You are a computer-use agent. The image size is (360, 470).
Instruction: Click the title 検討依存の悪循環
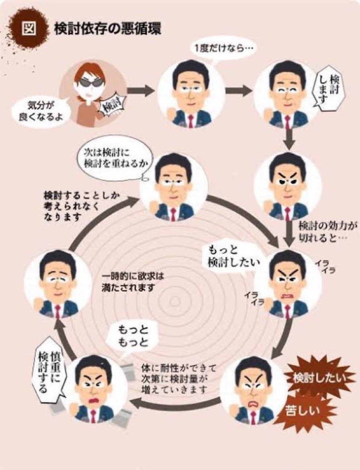108,30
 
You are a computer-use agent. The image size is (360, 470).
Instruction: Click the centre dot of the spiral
175,302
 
